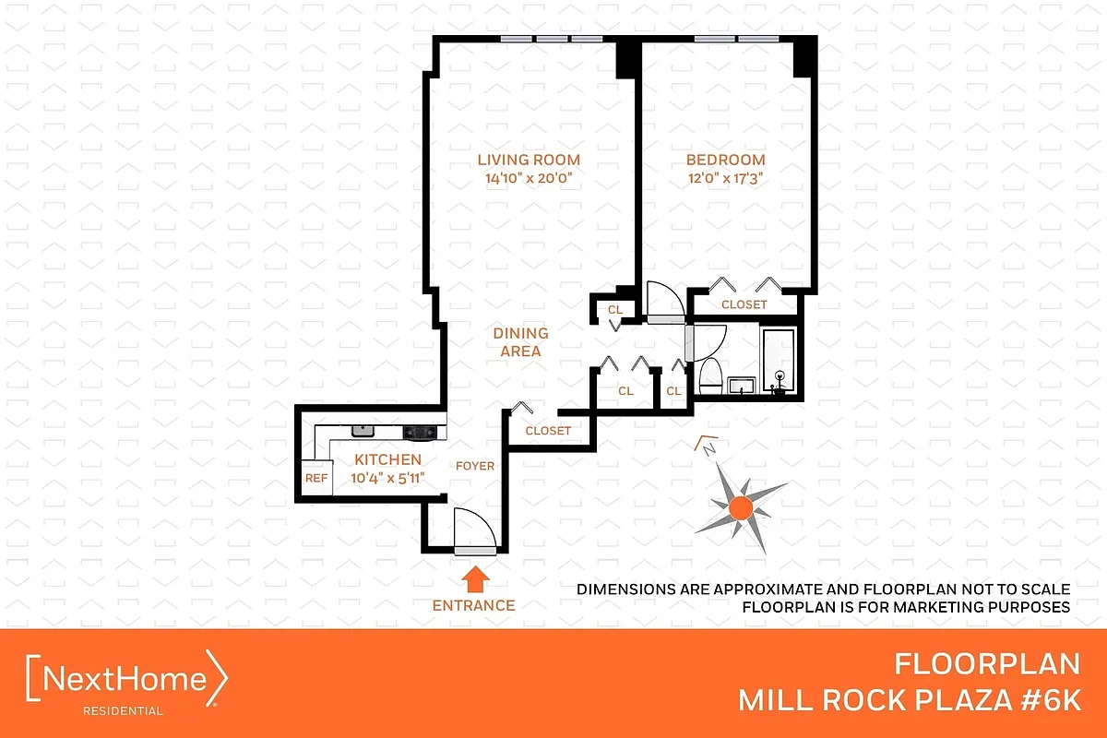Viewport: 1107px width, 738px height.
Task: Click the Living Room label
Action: pos(529,160)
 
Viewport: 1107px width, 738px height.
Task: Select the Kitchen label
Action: pos(387,459)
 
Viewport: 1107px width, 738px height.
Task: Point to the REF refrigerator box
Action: pos(316,478)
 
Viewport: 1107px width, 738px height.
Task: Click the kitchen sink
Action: pos(361,431)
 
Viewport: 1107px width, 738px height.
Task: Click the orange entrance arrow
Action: pos(474,579)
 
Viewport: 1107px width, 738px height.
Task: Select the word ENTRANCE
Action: pos(474,606)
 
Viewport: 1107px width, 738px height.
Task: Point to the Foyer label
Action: pos(474,466)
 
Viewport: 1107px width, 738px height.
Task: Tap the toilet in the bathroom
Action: pos(710,376)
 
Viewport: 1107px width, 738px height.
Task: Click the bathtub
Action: pos(779,360)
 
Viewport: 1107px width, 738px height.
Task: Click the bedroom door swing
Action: pos(663,301)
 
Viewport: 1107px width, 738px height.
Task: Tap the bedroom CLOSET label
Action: pos(744,304)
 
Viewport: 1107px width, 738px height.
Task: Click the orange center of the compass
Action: pos(740,506)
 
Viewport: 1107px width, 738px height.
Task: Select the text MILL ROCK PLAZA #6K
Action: pos(909,700)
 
